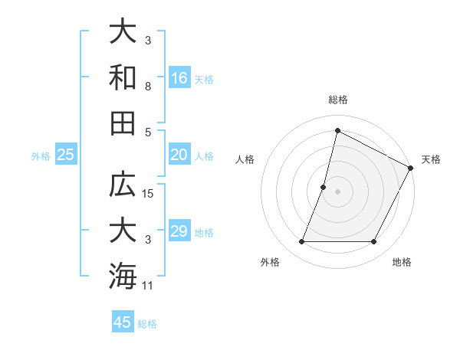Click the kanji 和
pyautogui.click(x=123, y=77)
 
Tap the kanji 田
pyautogui.click(x=123, y=123)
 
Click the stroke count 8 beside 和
pyautogui.click(x=148, y=87)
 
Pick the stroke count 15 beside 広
pyautogui.click(x=149, y=194)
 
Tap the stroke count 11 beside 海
pyautogui.click(x=149, y=286)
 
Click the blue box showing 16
pyautogui.click(x=179, y=77)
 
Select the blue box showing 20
pyautogui.click(x=179, y=155)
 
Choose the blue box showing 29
pyautogui.click(x=179, y=231)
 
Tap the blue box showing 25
pyautogui.click(x=66, y=155)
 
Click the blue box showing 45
pyautogui.click(x=123, y=322)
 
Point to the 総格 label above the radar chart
pyautogui.click(x=337, y=100)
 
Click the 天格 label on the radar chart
pyautogui.click(x=431, y=159)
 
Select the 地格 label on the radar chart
pyautogui.click(x=402, y=262)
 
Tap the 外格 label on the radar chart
pyautogui.click(x=270, y=262)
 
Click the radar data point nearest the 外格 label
pyautogui.click(x=301, y=242)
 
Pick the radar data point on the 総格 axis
pyautogui.click(x=337, y=130)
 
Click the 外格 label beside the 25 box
pyautogui.click(x=41, y=155)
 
